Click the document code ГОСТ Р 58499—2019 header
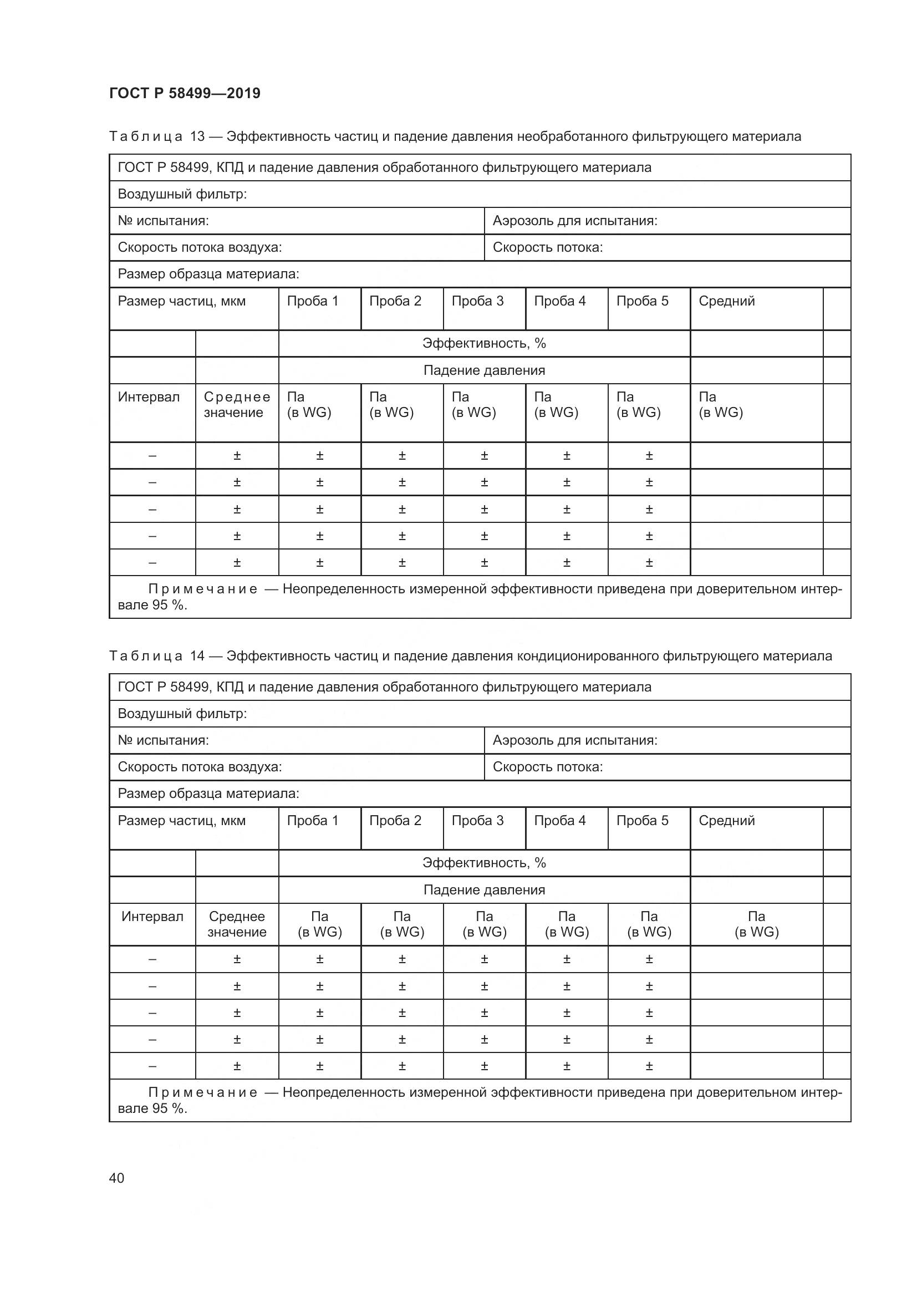pos(185,93)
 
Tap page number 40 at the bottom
pos(116,1178)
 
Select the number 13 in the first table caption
pos(197,136)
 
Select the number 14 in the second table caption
pos(197,656)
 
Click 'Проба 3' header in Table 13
pos(477,301)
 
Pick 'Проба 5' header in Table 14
pos(642,821)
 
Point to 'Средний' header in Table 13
pos(726,301)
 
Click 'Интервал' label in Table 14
pos(152,917)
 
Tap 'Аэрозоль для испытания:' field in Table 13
pos(575,221)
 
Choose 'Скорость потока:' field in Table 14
pos(548,767)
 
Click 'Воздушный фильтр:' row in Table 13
pos(182,194)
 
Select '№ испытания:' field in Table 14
pos(163,741)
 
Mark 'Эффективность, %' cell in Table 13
pos(484,343)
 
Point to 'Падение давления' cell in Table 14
pos(484,891)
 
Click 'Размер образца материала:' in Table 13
pos(208,274)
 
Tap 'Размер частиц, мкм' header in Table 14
pos(182,821)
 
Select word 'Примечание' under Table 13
pos(203,589)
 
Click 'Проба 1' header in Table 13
pos(312,301)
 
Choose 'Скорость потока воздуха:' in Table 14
pos(200,767)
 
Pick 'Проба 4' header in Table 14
pos(559,821)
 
